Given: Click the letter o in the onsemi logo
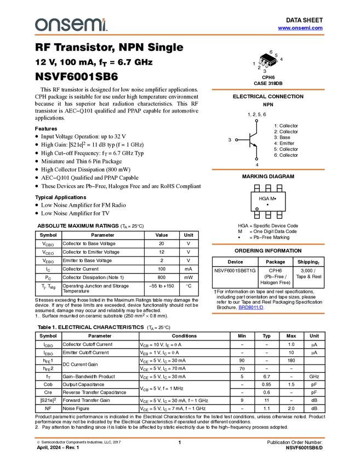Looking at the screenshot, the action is click(x=40, y=25).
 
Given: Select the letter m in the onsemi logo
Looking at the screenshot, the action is click(x=89, y=25).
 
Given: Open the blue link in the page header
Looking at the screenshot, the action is click(x=300, y=28).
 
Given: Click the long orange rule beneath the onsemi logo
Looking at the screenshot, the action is click(x=180, y=35).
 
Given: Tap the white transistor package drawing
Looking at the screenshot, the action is click(x=265, y=62).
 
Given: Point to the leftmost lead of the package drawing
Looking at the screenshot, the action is click(x=261, y=66).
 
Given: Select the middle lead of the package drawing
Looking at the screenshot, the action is click(x=265, y=67).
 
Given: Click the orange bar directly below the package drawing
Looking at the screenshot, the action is click(x=268, y=89).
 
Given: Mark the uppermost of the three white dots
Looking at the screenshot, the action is click(x=256, y=121).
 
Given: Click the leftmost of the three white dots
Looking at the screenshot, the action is click(x=236, y=140).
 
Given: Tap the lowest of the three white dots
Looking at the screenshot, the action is click(x=256, y=159).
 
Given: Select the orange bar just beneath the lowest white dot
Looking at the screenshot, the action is click(x=268, y=169).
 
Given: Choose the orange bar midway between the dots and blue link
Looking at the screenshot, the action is click(x=268, y=244).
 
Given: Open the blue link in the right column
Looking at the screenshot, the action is click(x=250, y=308).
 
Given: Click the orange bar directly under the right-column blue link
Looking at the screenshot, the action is click(x=268, y=314).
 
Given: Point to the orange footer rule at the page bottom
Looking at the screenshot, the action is click(x=180, y=437).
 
